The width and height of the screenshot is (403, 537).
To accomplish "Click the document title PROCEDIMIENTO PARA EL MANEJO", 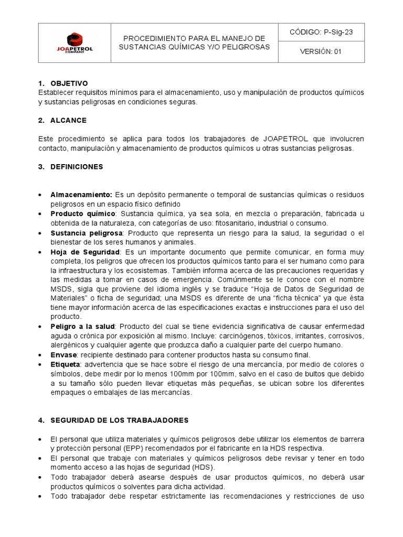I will (x=194, y=38).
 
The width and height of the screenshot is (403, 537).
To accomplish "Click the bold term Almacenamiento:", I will (x=81, y=195).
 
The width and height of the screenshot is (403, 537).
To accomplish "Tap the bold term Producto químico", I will (x=82, y=214).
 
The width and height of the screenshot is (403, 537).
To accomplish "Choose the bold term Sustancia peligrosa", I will (x=87, y=233).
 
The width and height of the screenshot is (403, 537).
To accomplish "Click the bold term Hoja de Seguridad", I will (x=85, y=252).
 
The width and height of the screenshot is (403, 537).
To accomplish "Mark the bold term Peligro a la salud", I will (x=83, y=327).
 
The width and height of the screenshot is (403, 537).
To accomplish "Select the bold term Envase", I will (x=63, y=355).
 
